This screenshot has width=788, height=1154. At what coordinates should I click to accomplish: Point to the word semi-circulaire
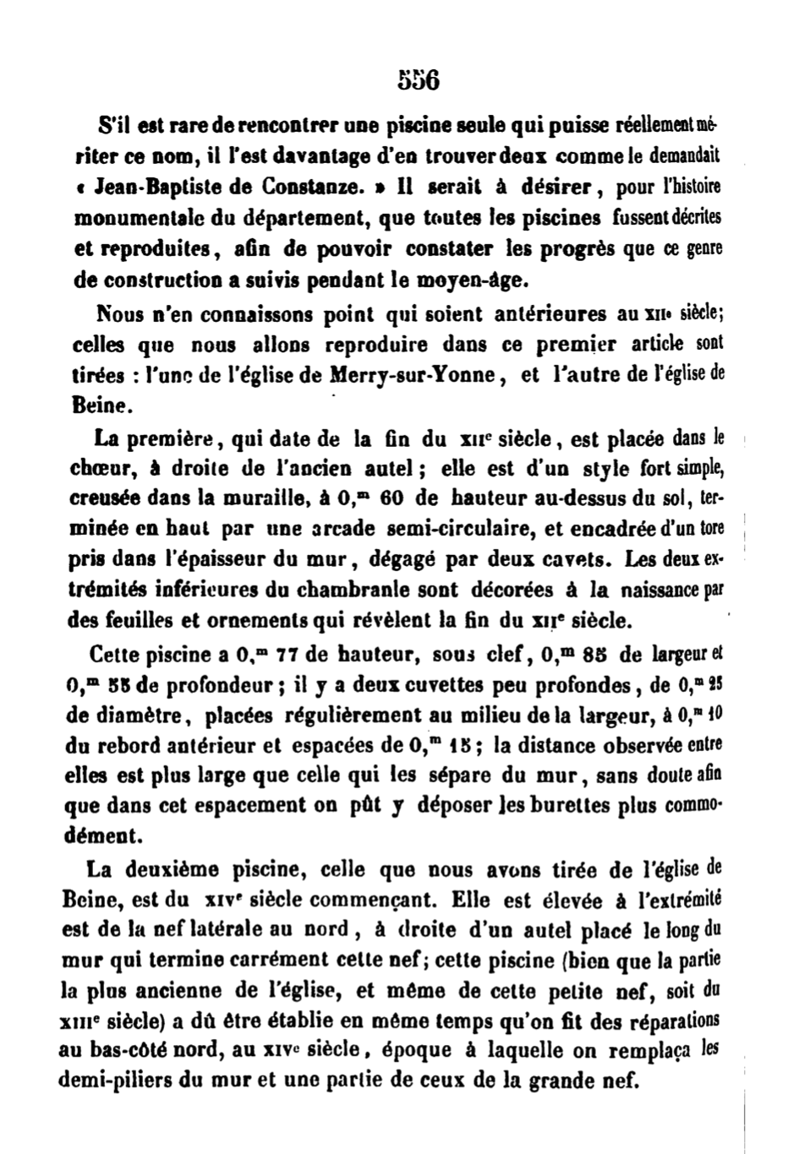[444, 530]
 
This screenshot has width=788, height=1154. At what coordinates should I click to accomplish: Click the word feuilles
[128, 621]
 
